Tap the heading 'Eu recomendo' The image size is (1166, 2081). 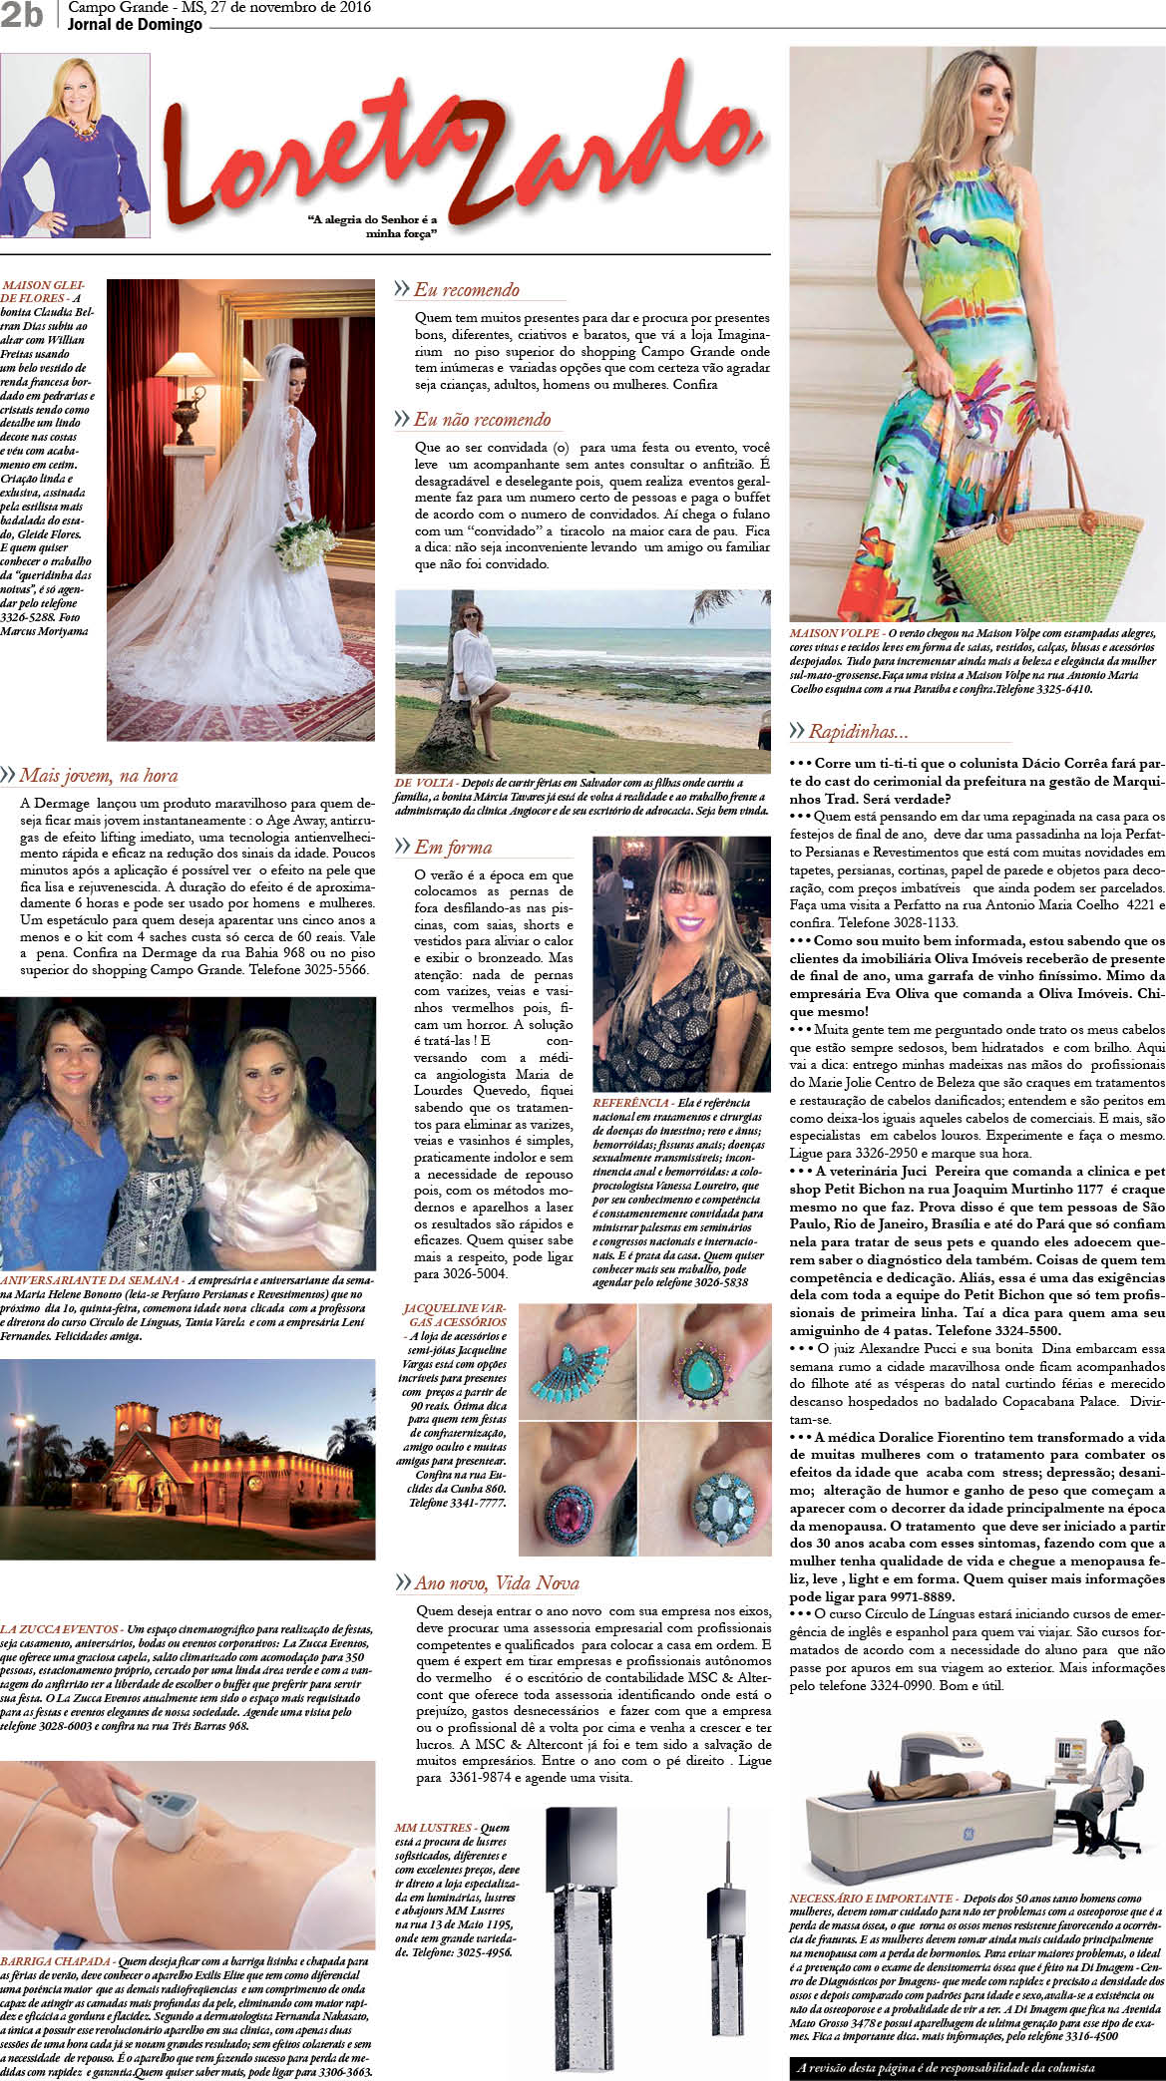(466, 290)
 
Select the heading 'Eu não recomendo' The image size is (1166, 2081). (482, 420)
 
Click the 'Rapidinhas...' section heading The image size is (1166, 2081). (858, 731)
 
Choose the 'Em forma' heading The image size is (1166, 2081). (453, 848)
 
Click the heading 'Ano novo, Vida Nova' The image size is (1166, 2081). (496, 1583)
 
